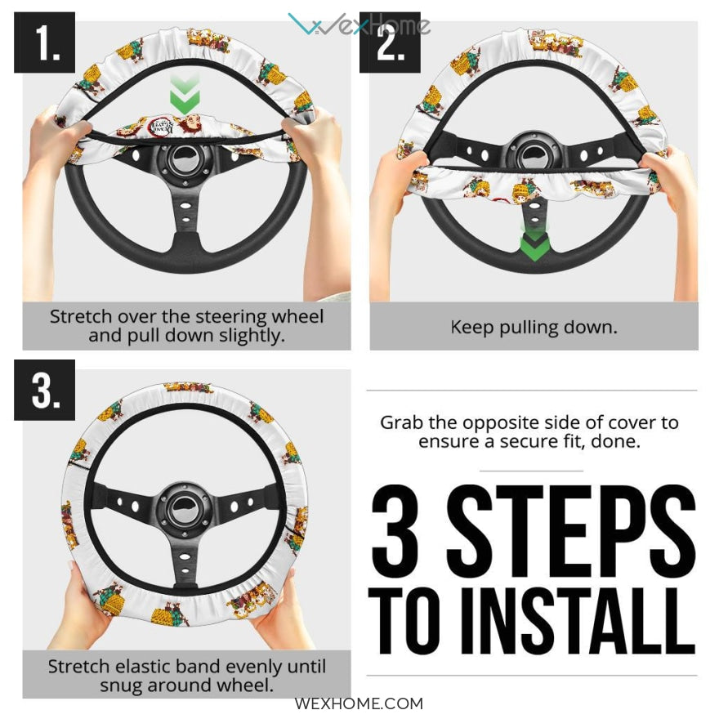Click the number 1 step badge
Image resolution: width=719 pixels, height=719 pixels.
(44, 42)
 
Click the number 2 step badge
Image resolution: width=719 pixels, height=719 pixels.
(390, 42)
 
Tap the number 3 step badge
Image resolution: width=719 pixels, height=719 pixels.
(44, 390)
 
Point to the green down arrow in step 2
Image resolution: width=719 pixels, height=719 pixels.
(534, 243)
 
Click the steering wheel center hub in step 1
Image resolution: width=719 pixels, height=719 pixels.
(185, 159)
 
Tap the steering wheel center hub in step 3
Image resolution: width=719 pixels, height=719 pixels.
(185, 506)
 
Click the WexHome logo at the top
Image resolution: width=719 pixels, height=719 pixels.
(359, 24)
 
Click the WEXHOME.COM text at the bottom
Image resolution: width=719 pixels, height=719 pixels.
(359, 703)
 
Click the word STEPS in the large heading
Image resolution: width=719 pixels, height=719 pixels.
(571, 526)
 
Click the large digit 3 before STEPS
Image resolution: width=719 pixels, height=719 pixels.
(395, 526)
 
